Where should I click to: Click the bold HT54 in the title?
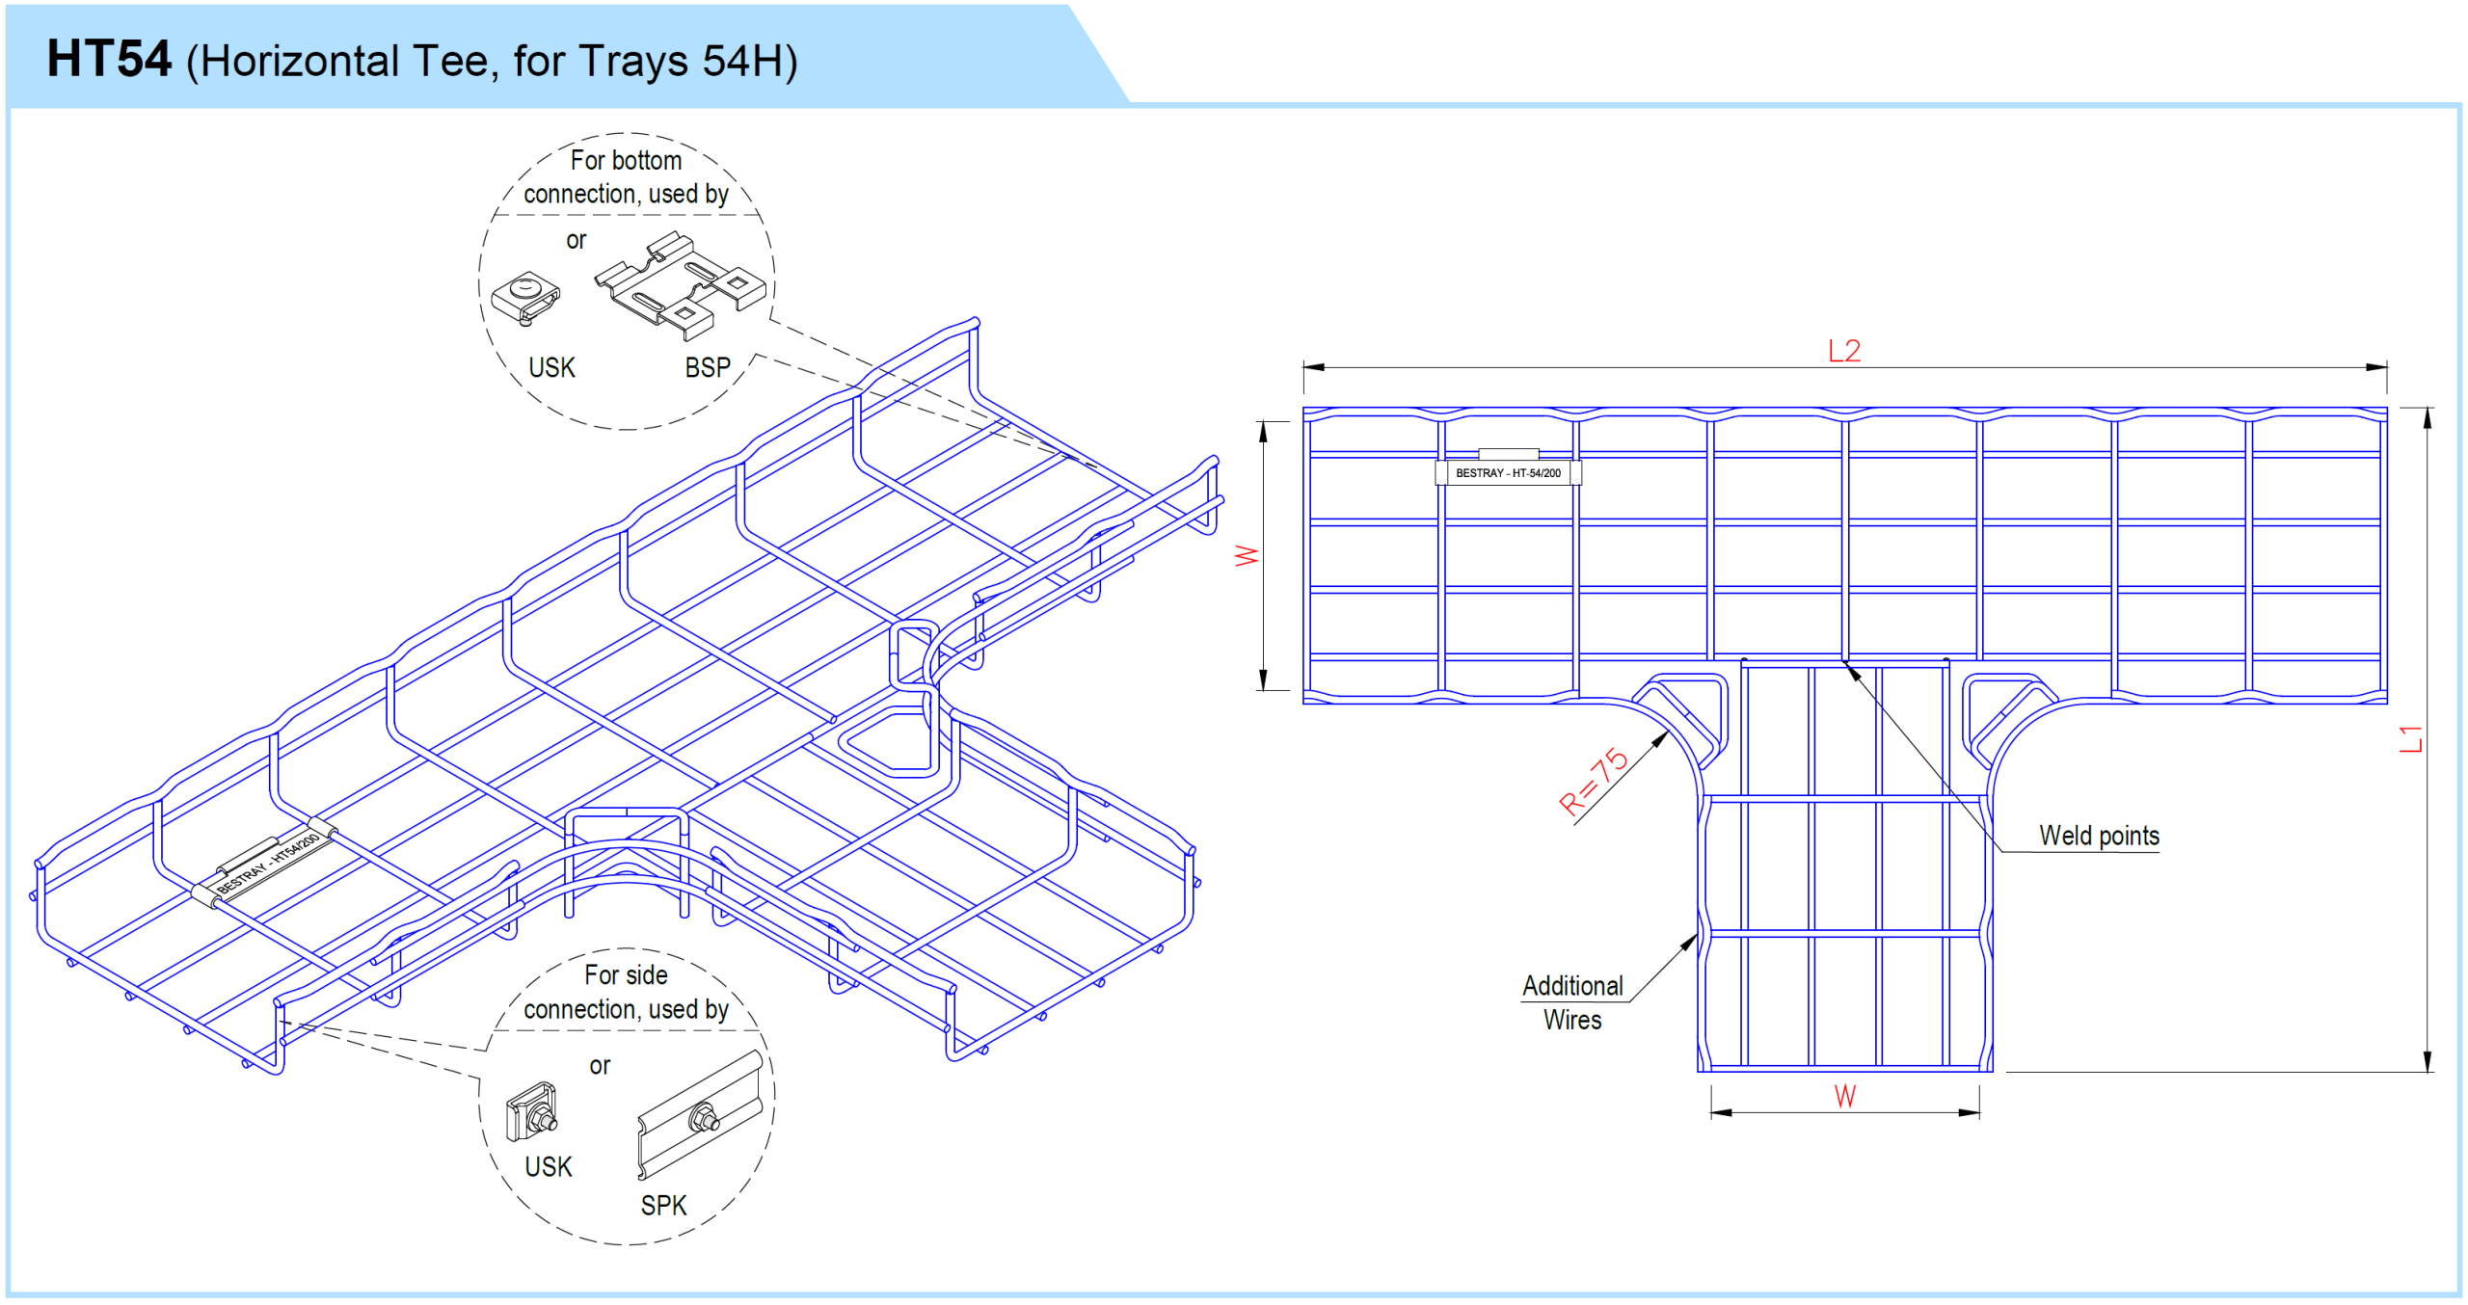(109, 60)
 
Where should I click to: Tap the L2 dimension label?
(1843, 351)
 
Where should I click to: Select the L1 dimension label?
(2409, 739)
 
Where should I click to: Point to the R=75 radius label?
(1593, 782)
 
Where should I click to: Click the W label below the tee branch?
(1844, 1096)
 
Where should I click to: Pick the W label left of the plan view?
(1247, 556)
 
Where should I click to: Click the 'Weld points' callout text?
(2099, 836)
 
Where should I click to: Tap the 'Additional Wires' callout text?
(1572, 1002)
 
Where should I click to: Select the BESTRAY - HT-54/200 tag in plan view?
(1508, 473)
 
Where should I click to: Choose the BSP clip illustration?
(680, 285)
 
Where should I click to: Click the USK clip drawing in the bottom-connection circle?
(525, 298)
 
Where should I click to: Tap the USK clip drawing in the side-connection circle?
(531, 1112)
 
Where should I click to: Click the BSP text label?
(708, 367)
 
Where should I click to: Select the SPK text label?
(663, 1205)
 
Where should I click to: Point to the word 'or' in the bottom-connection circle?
(576, 240)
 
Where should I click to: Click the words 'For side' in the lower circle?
(626, 975)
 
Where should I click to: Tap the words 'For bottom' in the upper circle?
(626, 160)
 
